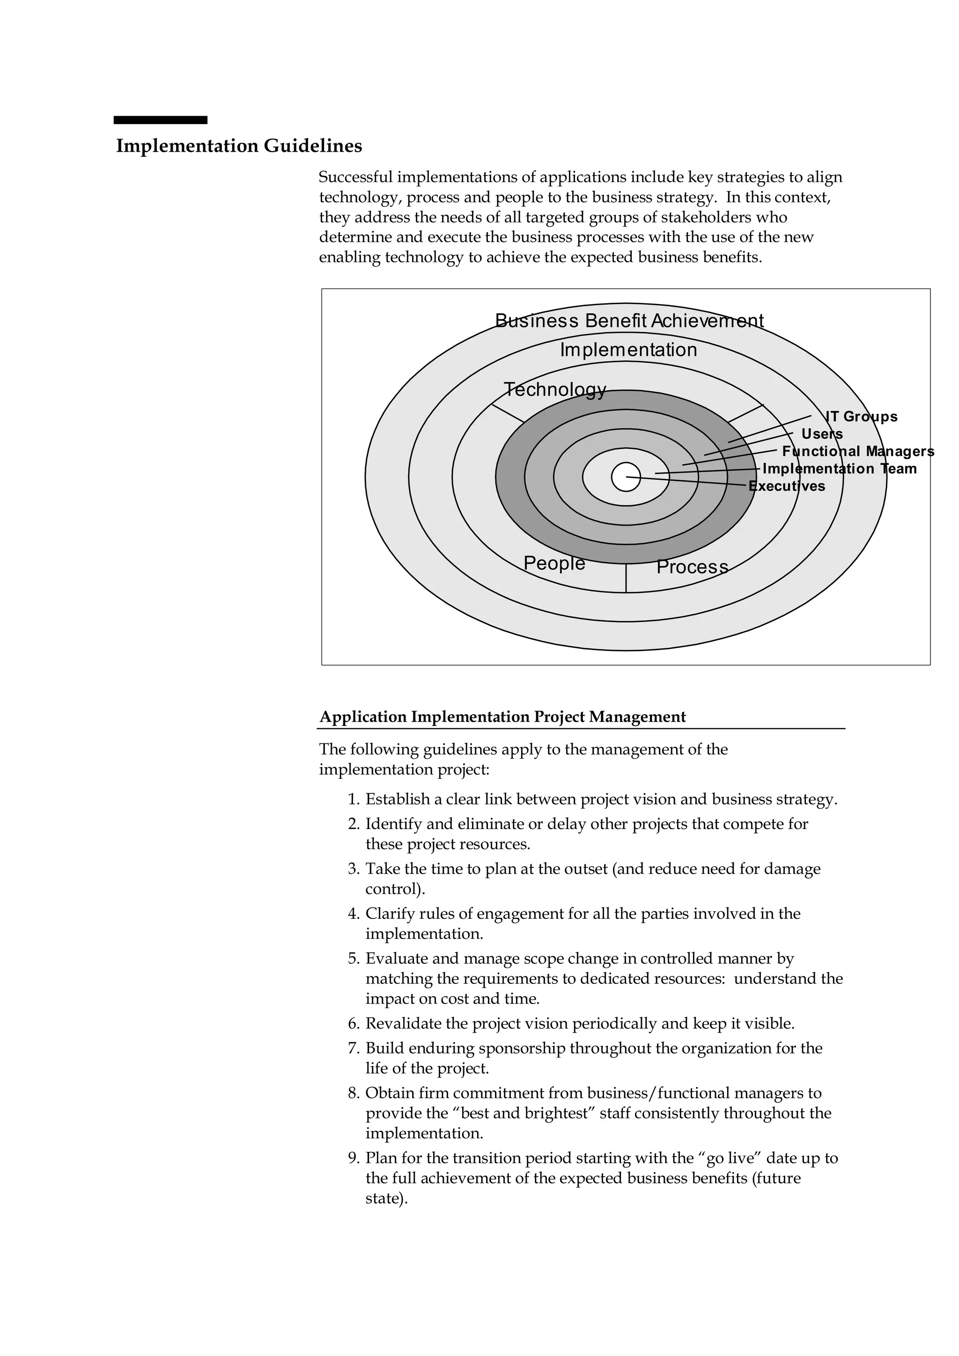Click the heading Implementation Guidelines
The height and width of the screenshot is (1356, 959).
pos(239,146)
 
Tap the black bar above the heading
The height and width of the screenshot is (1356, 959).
pos(160,120)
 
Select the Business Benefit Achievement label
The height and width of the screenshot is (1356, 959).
pos(629,321)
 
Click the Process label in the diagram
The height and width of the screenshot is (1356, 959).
pos(692,566)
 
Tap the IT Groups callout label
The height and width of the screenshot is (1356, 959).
pos(861,417)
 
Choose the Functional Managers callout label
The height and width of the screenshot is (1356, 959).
pos(858,451)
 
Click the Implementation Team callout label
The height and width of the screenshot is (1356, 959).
pos(839,469)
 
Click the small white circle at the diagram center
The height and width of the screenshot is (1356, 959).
pos(625,477)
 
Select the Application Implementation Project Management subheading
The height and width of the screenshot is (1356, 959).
pos(502,717)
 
